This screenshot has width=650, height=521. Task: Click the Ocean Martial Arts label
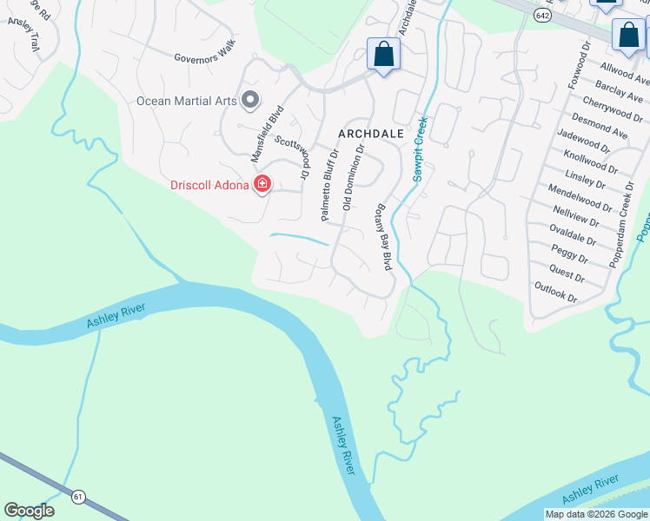click(x=186, y=101)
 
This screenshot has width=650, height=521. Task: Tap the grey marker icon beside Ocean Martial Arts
click(x=250, y=101)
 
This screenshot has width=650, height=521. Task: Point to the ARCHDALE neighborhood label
click(x=371, y=134)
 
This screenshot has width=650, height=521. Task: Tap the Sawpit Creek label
click(x=421, y=148)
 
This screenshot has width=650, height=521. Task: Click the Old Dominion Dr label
click(x=353, y=179)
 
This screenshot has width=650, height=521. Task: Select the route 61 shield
click(x=79, y=497)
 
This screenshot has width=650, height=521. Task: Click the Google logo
click(x=29, y=511)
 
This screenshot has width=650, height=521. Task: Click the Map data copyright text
click(x=596, y=514)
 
